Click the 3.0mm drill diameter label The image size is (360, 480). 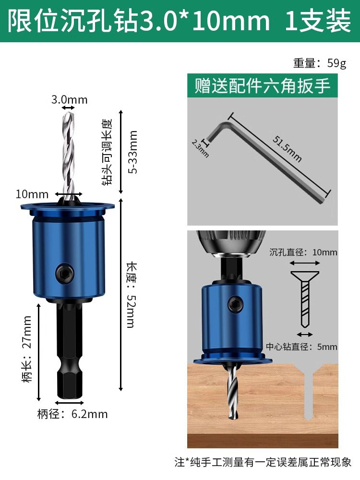click(70, 99)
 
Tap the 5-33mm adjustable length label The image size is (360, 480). click(133, 152)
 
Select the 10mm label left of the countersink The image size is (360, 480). click(32, 194)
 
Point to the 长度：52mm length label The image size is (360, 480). click(132, 295)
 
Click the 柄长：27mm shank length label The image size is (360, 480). click(27, 348)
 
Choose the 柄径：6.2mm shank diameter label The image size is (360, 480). click(72, 414)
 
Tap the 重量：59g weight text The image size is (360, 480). click(320, 63)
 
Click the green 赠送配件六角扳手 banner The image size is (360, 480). click(263, 85)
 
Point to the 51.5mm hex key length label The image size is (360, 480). click(287, 149)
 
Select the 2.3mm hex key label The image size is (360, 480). click(200, 148)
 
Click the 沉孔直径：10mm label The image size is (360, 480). click(303, 252)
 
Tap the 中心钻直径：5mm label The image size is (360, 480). click(301, 347)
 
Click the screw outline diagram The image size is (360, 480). click(305, 299)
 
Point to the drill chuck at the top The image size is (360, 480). click(231, 243)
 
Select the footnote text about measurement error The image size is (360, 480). click(263, 462)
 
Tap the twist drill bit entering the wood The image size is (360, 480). click(233, 391)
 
